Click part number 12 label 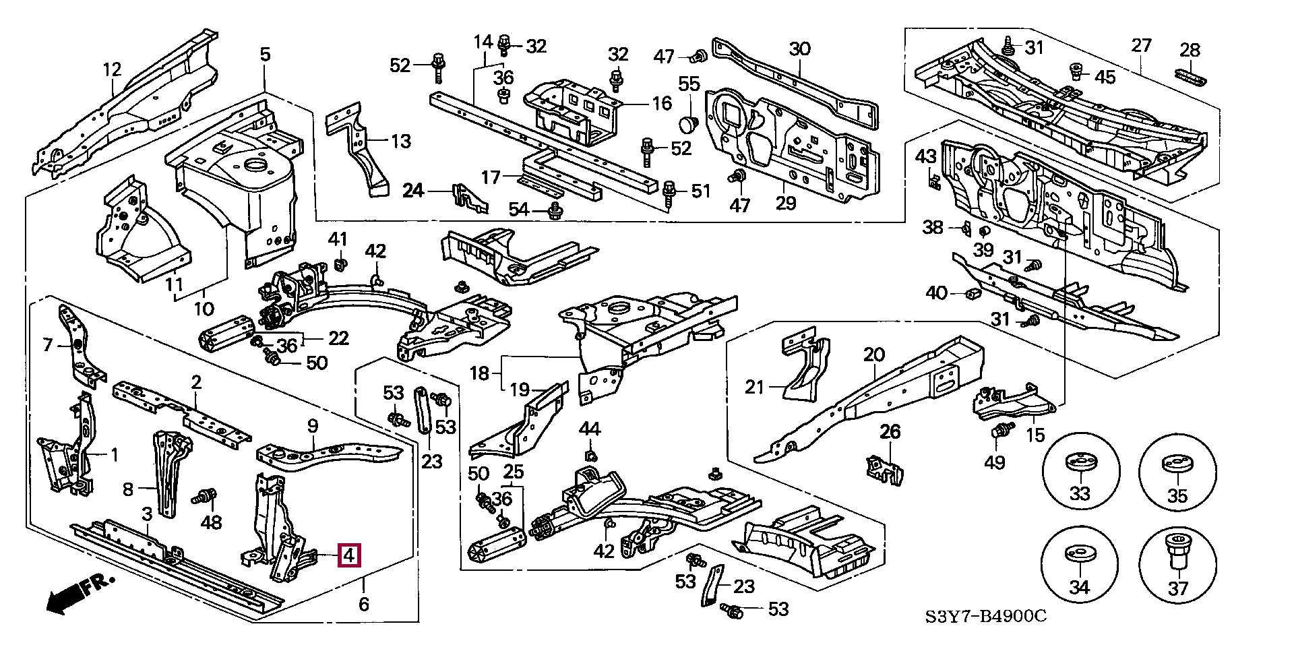click(x=112, y=69)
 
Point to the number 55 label click(x=689, y=84)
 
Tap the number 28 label click(x=1190, y=50)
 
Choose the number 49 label click(x=995, y=462)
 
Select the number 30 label click(x=799, y=49)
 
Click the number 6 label click(x=364, y=604)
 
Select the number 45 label click(x=1105, y=77)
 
